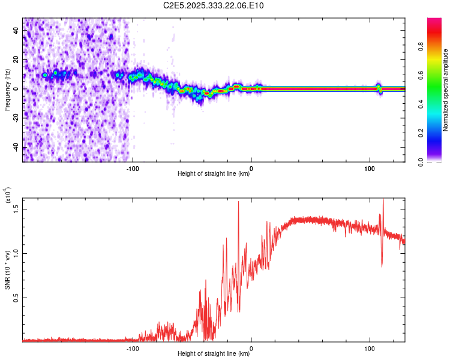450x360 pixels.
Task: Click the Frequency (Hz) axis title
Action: pos(7,90)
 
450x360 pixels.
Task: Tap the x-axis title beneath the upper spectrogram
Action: pos(214,174)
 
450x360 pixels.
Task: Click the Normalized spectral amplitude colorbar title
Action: pos(446,90)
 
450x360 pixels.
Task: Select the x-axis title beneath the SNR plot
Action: pos(214,354)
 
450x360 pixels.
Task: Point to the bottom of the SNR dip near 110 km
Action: pos(382,266)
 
